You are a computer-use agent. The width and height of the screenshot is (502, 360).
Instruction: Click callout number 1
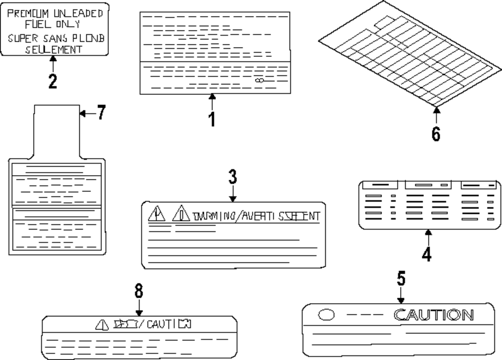point(212,119)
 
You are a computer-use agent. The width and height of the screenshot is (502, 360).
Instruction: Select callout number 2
point(53,81)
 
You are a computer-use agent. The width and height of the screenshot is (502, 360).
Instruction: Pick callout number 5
point(401,279)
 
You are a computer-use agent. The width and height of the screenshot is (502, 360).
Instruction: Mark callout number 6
point(436,134)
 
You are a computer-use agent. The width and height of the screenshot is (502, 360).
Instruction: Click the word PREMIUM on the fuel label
point(28,13)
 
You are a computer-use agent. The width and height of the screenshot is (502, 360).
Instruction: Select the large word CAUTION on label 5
point(433,315)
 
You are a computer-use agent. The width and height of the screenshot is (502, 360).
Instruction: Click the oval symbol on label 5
point(327,315)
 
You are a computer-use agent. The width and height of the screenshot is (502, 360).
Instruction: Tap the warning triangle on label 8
point(102,325)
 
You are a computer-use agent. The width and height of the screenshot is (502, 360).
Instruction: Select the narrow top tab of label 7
point(57,128)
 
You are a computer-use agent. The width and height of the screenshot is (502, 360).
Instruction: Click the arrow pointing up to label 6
point(436,115)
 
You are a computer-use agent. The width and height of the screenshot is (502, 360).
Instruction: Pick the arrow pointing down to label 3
point(232,194)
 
